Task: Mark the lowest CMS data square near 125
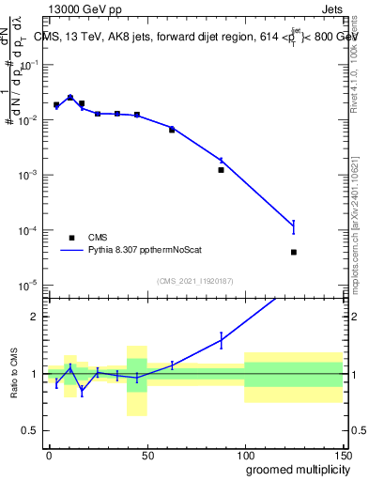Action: (x=294, y=252)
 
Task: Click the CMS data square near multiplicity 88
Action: (x=222, y=170)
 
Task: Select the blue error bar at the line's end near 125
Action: (x=294, y=225)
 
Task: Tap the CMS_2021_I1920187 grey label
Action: (x=195, y=280)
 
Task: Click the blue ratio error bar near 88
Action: (x=222, y=340)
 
